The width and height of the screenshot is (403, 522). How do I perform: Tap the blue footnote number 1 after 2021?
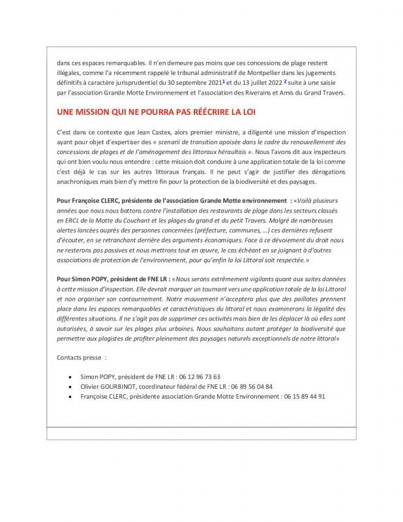[x=224, y=82]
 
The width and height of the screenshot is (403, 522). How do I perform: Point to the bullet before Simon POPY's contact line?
[x=70, y=377]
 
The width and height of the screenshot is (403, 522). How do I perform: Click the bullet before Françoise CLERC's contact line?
[x=70, y=397]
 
